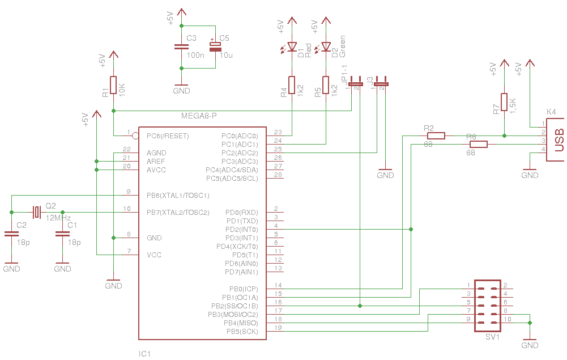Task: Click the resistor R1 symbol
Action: point(113,85)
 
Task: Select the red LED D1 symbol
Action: point(292,46)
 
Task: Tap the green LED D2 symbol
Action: point(326,46)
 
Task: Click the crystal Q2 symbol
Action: point(37,213)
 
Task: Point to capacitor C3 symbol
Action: point(181,46)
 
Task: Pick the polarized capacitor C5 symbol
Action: point(215,46)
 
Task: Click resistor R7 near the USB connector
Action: point(504,102)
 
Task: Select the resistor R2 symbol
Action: point(436,136)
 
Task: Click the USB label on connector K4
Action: point(559,140)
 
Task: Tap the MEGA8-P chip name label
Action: point(199,116)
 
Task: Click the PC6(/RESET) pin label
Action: point(168,136)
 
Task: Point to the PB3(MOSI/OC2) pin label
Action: point(233,315)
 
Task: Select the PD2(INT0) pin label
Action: point(241,230)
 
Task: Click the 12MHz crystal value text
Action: point(58,218)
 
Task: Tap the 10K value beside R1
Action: point(122,90)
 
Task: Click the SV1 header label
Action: point(492,337)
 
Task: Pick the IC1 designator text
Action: point(144,354)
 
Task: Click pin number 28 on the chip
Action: point(278,175)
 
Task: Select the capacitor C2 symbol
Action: point(11,234)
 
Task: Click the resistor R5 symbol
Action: point(326,85)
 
